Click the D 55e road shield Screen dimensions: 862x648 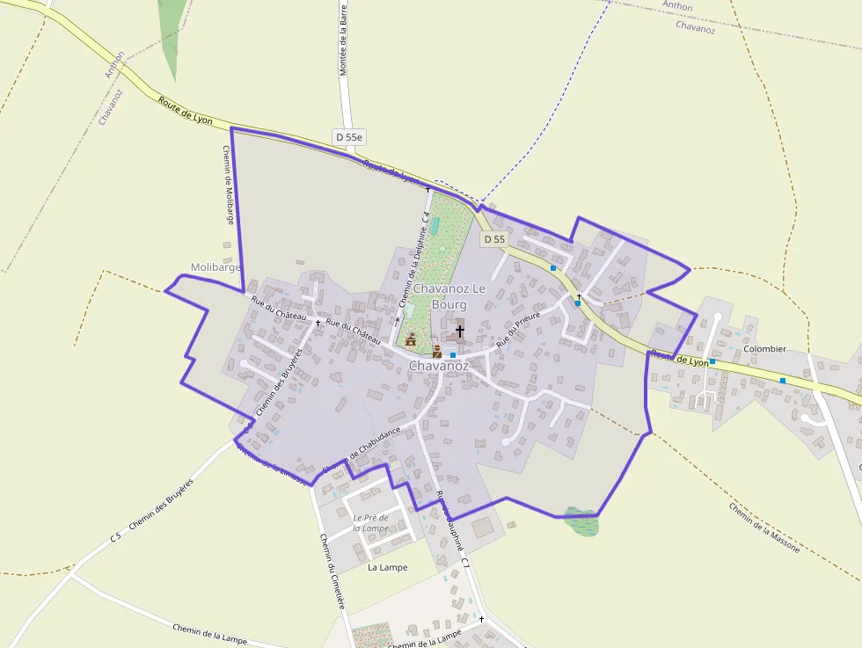coord(349,137)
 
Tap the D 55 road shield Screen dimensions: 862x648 coord(494,239)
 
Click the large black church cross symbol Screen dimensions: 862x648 coord(459,331)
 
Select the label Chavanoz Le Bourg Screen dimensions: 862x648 coord(449,296)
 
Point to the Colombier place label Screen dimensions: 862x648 coord(764,349)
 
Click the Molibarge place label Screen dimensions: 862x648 coord(215,267)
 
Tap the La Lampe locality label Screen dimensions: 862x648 coord(387,567)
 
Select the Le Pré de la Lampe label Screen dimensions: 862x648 coord(370,523)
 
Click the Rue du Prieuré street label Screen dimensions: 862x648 coord(517,331)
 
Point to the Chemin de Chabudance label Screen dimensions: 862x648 coord(362,449)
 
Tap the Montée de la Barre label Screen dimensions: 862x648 coord(344,39)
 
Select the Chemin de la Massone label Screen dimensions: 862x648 coord(763,527)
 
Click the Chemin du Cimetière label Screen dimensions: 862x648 coord(332,572)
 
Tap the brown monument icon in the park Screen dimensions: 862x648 coord(410,339)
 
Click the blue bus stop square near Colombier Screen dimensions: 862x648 coord(712,362)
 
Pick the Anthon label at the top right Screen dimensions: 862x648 coord(677,6)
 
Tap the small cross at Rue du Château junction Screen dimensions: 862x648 coord(318,323)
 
